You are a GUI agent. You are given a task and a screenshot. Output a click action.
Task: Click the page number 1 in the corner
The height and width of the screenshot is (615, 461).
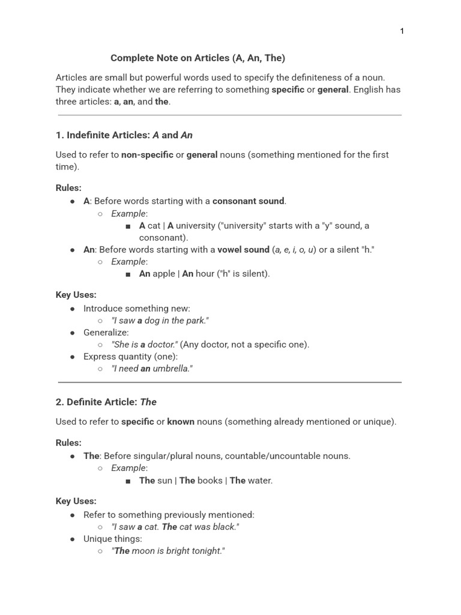[x=402, y=31]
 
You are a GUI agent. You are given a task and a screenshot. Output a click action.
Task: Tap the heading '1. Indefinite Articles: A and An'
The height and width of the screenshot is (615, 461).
[x=124, y=135]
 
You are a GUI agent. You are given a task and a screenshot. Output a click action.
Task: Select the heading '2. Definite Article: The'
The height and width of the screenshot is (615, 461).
[x=106, y=402]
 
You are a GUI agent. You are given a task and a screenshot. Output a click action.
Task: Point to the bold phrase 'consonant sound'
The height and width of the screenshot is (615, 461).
[x=249, y=201]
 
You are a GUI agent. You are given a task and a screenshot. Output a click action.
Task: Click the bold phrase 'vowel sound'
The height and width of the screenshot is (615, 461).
[x=243, y=249]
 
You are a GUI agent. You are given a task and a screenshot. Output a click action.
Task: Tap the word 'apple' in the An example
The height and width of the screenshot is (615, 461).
[x=164, y=274]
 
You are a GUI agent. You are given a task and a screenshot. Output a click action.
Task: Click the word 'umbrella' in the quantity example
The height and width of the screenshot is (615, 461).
[x=172, y=369]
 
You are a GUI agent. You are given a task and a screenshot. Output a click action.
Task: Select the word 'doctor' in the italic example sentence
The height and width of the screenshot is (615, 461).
[x=161, y=345]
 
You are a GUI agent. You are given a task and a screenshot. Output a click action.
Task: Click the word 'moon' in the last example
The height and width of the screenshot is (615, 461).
[x=145, y=551]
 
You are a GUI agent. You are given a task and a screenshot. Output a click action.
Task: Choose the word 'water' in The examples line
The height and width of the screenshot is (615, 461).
[x=259, y=480]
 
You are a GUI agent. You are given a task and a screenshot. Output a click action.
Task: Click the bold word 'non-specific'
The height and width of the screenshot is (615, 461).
[x=147, y=155]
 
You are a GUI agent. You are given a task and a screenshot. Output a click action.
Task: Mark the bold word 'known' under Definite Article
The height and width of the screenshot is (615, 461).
[x=181, y=422]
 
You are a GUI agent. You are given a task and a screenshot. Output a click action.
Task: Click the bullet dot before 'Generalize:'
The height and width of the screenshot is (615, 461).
[x=73, y=333]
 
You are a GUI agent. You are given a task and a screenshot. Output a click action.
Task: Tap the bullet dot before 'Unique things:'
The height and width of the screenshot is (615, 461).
[x=73, y=539]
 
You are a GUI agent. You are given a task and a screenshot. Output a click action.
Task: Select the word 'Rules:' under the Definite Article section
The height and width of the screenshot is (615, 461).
[x=68, y=443]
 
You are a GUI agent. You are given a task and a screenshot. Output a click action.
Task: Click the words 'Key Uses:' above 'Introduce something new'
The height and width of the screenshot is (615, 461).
[x=76, y=295]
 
